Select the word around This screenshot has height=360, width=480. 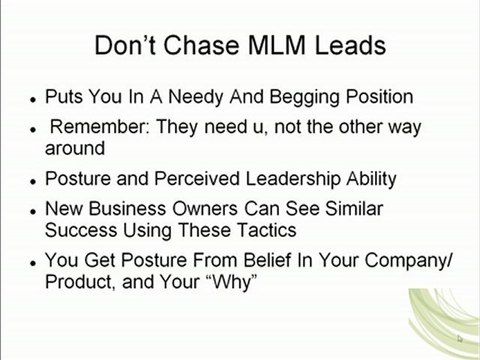76,149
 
